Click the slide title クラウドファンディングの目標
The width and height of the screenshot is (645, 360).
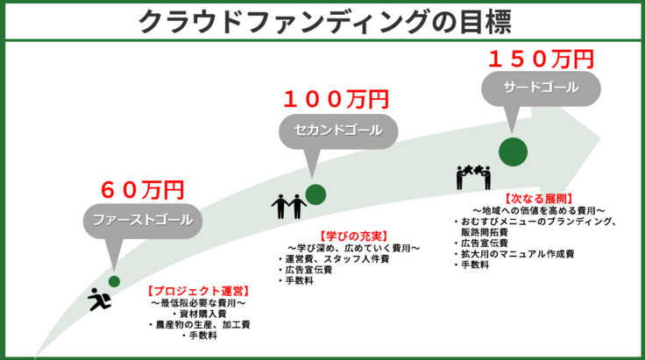pyautogui.click(x=322, y=20)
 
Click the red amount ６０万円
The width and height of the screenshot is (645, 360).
pyautogui.click(x=142, y=189)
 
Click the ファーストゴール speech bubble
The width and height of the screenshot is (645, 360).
pyautogui.click(x=142, y=218)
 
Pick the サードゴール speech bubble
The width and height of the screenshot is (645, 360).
pyautogui.click(x=541, y=88)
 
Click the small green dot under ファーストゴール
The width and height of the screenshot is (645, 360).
pyautogui.click(x=114, y=281)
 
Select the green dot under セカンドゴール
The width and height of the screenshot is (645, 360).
pyautogui.click(x=315, y=194)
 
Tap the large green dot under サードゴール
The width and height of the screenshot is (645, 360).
pyautogui.click(x=513, y=151)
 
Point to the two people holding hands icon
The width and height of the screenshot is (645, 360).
pyautogui.click(x=288, y=207)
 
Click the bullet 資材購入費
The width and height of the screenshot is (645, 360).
pyautogui.click(x=202, y=313)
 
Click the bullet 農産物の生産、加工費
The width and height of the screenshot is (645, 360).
pyautogui.click(x=202, y=323)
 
